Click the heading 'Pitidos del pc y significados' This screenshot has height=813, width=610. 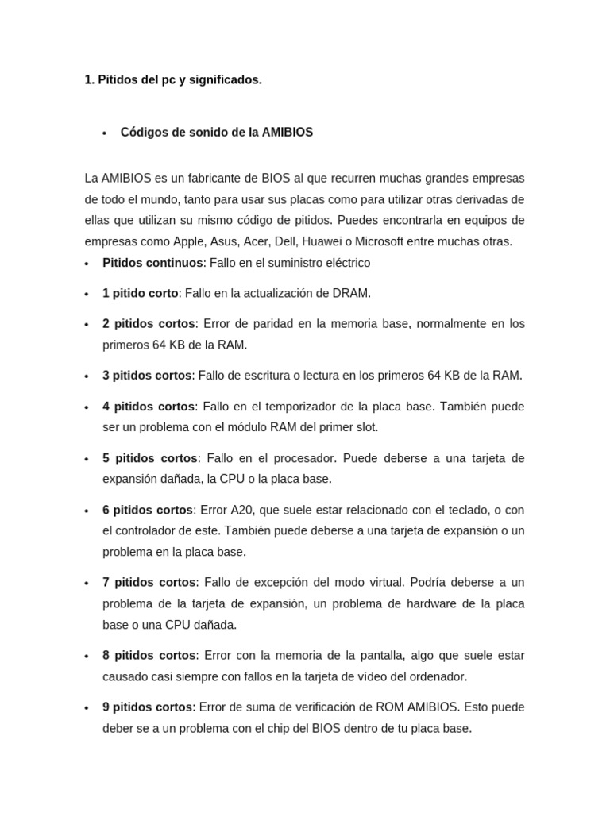(x=172, y=80)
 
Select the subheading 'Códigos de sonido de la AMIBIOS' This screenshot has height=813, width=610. (x=216, y=133)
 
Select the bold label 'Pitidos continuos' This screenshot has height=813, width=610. (x=152, y=263)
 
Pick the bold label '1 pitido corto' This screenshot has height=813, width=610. (x=141, y=293)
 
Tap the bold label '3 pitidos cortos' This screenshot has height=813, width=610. (x=147, y=376)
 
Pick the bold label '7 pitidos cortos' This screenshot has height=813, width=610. (x=149, y=583)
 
